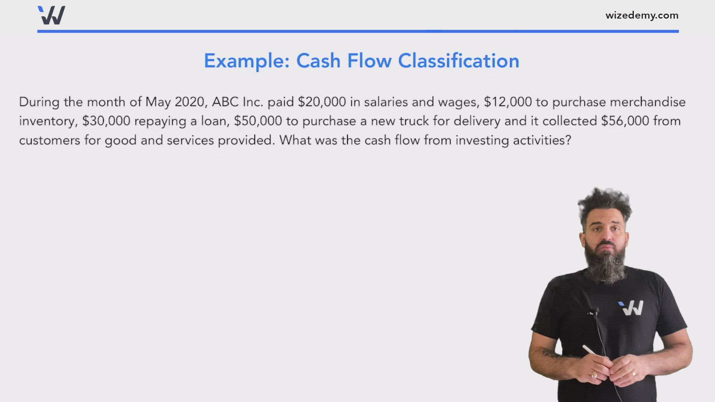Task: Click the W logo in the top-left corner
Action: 52,15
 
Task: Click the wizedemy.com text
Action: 642,16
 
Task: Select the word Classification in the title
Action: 458,61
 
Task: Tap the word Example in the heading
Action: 246,61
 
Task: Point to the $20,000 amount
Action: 322,102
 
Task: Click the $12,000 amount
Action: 508,102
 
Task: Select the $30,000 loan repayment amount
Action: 106,121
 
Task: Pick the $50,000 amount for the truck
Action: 258,121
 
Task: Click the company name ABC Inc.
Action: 237,102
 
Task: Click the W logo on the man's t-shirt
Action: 631,308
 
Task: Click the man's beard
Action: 605,266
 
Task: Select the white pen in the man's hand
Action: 590,350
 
